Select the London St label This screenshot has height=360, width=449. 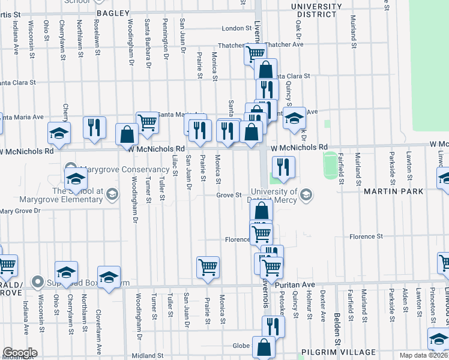[235, 28]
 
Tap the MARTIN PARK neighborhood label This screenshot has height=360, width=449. [394, 191]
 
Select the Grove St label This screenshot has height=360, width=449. [229, 195]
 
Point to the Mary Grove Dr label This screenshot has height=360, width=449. [20, 211]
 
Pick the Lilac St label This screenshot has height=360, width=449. [175, 166]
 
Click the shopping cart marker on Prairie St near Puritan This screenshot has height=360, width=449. [208, 268]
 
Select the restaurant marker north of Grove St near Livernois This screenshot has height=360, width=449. [282, 167]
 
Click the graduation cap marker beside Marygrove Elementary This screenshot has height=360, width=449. [76, 179]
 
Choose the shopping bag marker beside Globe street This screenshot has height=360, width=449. [264, 347]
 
